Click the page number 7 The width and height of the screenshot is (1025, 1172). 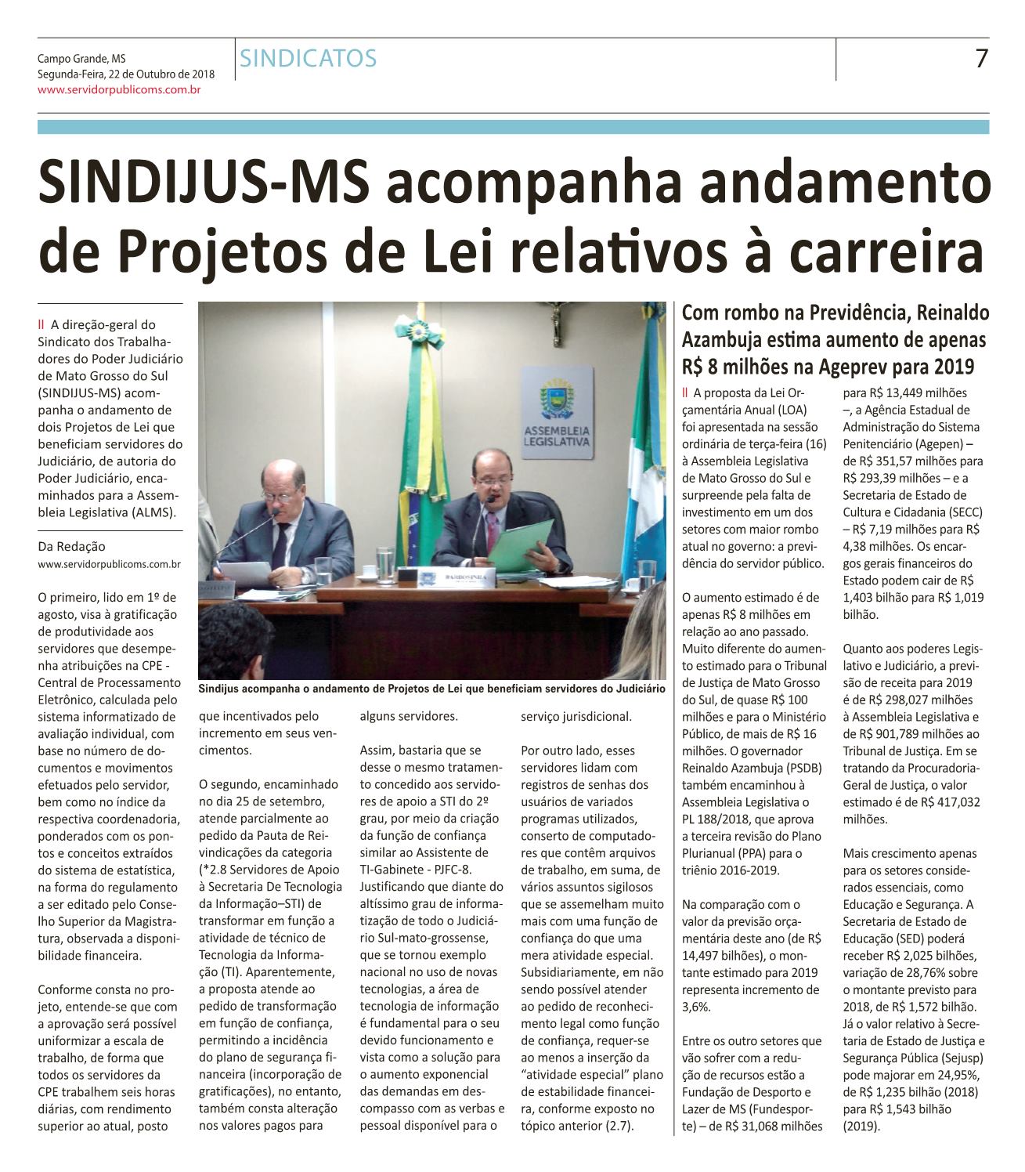click(980, 59)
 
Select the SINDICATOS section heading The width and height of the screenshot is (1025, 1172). click(309, 58)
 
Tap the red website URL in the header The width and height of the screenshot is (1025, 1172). click(121, 91)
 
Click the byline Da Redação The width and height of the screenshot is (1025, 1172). click(71, 547)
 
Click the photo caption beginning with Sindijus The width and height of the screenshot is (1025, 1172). click(431, 689)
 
